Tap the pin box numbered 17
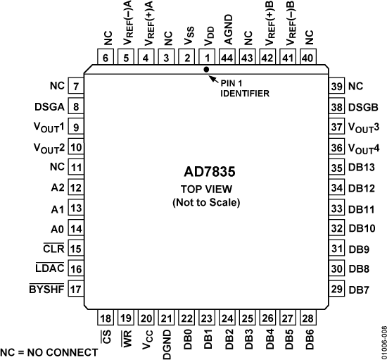74,288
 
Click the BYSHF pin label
44,288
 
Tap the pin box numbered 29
337,289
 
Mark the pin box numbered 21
167,318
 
